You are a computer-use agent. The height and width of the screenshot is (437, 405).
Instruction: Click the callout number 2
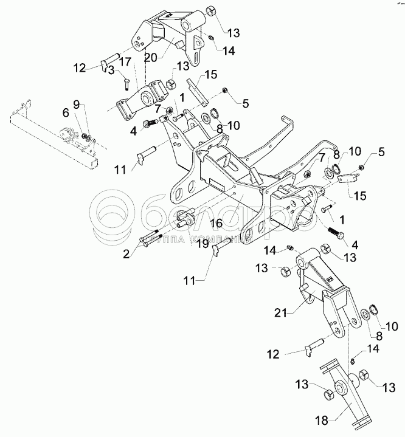(126, 255)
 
